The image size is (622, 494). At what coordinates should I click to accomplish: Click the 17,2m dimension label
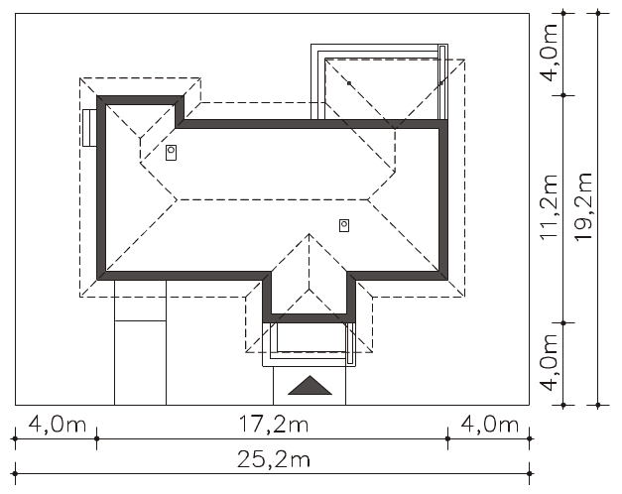point(274,425)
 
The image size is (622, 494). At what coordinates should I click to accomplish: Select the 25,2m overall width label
point(274,460)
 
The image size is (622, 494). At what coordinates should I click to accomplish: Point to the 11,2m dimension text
point(550,206)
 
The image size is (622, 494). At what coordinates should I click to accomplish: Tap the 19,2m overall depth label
point(583,206)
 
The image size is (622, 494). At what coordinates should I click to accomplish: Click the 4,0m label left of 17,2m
point(58,425)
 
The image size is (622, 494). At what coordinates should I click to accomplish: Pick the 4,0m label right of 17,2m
point(489,425)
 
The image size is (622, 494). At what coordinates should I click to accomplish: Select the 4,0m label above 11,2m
point(550,52)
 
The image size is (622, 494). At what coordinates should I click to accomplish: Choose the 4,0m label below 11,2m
point(550,361)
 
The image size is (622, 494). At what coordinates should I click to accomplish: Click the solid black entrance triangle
point(310,387)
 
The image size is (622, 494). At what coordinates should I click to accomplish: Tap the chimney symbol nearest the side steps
point(171,153)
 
